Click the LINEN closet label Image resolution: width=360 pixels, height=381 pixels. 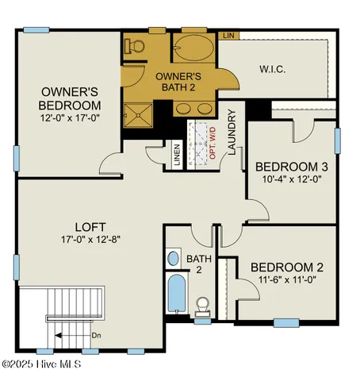(176, 154)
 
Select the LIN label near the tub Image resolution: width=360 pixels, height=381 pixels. (228, 36)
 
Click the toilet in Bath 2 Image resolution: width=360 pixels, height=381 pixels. (203, 306)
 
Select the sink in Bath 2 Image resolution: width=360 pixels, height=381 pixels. (174, 259)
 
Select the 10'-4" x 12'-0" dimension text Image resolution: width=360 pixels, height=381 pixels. (291, 179)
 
